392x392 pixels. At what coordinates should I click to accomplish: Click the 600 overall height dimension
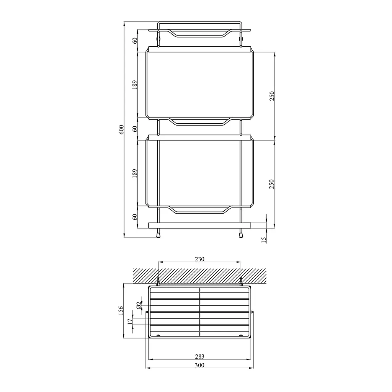(121, 130)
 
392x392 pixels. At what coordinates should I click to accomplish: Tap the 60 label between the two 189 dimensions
(135, 129)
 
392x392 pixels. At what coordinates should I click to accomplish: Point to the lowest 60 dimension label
(135, 217)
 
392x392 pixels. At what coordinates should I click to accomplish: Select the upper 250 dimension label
(272, 95)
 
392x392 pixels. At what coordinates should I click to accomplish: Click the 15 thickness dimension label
(263, 240)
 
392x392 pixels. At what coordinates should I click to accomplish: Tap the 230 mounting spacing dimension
(199, 259)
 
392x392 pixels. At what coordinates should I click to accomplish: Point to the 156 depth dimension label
(121, 310)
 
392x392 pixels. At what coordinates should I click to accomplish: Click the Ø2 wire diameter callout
(139, 305)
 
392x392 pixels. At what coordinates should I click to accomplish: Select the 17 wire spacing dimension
(130, 322)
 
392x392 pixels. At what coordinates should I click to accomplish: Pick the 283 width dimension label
(199, 356)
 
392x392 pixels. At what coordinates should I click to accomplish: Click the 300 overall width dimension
(199, 365)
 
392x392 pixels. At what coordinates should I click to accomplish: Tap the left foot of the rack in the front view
(158, 234)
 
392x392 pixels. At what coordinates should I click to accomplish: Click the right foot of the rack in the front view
(241, 234)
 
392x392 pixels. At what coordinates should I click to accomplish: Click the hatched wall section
(199, 274)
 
